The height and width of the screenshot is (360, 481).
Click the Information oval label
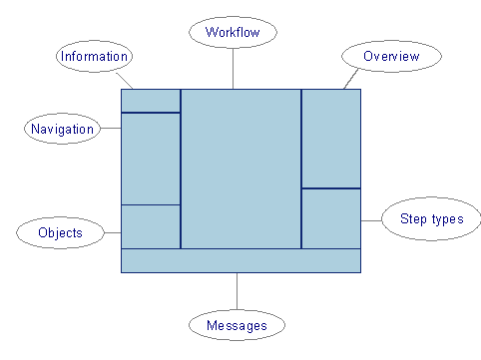click(94, 56)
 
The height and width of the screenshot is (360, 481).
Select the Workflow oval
click(233, 33)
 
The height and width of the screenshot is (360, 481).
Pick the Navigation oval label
click(62, 128)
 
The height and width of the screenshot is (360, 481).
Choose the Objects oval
click(60, 233)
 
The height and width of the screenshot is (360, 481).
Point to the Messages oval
click(237, 325)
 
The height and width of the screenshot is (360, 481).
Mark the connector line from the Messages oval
click(237, 290)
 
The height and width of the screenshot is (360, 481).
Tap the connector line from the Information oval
click(125, 80)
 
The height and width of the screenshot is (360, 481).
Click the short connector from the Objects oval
click(112, 233)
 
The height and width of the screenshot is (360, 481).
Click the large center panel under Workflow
click(240, 168)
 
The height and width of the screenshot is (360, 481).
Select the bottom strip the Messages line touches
click(240, 259)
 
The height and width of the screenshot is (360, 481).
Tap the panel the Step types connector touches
click(330, 217)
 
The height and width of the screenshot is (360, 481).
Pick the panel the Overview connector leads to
click(330, 138)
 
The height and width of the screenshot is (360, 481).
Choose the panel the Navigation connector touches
click(150, 158)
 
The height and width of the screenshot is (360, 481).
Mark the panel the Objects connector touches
click(150, 225)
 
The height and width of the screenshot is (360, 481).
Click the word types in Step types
click(444, 219)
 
